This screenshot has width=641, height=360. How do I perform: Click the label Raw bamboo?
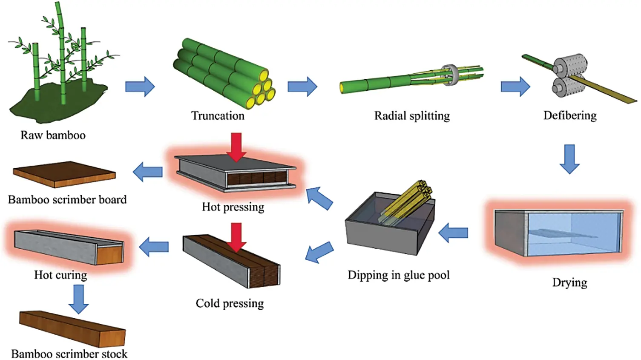click(53, 135)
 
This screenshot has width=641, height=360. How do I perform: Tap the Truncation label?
click(218, 115)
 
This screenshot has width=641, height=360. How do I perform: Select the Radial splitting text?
click(412, 115)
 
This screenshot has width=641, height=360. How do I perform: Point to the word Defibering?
click(570, 115)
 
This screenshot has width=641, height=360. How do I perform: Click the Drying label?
click(569, 282)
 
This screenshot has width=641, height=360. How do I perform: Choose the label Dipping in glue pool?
click(398, 275)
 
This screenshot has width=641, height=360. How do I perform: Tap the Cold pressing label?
click(230, 303)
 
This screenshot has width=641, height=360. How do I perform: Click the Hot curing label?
click(60, 275)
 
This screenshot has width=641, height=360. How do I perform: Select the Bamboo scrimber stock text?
click(69, 354)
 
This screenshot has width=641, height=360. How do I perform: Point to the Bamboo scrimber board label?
click(67, 199)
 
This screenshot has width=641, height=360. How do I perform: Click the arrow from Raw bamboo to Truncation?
click(140, 86)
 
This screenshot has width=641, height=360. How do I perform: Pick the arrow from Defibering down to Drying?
click(569, 158)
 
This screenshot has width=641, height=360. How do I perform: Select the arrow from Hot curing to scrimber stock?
click(78, 299)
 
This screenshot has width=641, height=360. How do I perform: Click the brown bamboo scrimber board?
click(64, 174)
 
